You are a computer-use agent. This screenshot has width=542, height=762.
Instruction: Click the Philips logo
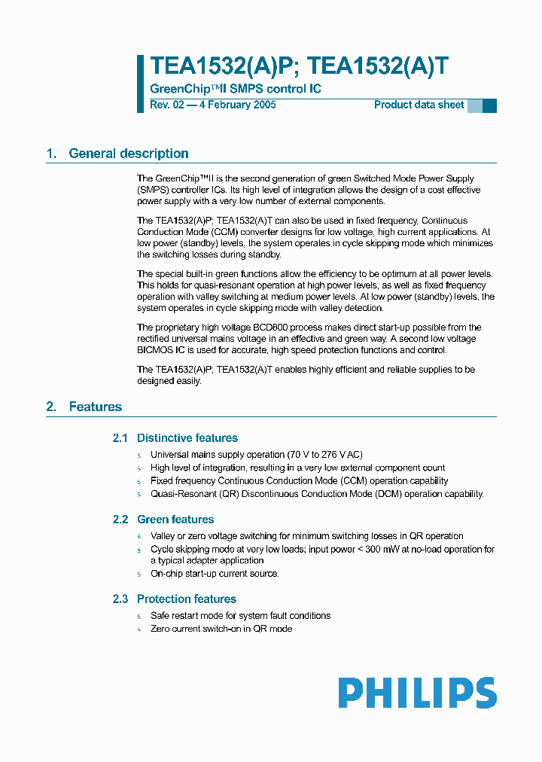coord(417,693)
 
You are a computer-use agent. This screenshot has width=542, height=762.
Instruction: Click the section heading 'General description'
coord(129,154)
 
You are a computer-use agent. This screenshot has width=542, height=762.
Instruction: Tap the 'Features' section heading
coord(95,407)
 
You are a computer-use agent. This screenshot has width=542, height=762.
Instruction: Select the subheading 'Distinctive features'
coord(187,438)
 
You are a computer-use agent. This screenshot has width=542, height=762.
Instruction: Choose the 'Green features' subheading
coord(175,520)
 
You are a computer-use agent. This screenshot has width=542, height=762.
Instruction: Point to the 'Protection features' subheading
coord(186,599)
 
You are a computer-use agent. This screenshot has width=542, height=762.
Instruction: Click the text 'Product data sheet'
coord(419,105)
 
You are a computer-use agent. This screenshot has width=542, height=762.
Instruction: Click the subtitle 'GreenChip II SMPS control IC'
coord(236,89)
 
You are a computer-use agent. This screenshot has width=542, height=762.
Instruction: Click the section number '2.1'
coord(120,438)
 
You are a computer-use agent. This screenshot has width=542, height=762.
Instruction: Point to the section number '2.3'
coord(120,599)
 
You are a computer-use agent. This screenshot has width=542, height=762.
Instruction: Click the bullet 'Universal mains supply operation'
coord(256,455)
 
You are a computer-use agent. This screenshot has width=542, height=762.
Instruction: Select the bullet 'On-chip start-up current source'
coord(215,574)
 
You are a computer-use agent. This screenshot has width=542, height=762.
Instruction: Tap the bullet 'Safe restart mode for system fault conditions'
coord(240,616)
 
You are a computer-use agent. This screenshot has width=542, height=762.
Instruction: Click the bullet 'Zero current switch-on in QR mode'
coord(221,629)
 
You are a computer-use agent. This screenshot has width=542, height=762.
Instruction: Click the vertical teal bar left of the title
coord(140,84)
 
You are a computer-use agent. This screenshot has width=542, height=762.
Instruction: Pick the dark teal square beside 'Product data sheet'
coord(489,105)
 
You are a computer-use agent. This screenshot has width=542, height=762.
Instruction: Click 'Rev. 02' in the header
coord(166,105)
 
